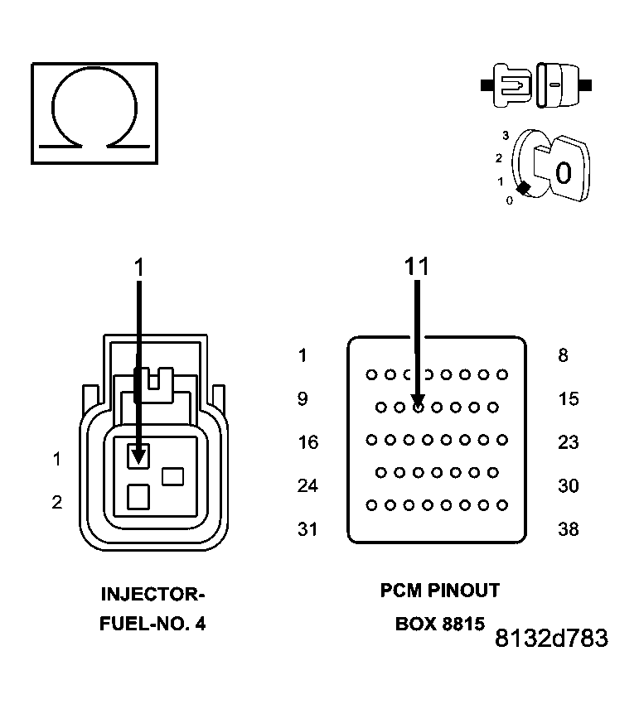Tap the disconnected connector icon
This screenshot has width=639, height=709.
click(x=535, y=85)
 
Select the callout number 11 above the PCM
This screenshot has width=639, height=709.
click(x=418, y=266)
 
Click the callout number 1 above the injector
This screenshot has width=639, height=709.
click(x=139, y=266)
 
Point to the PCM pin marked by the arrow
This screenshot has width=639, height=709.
click(x=419, y=407)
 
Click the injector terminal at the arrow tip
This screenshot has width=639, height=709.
click(x=138, y=455)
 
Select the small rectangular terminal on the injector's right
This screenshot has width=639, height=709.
click(x=172, y=476)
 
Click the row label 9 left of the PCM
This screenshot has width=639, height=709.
click(x=303, y=399)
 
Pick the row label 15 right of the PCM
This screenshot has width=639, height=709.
click(x=568, y=399)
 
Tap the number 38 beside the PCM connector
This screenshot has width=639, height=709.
click(x=568, y=529)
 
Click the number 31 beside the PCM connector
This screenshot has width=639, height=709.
click(x=307, y=529)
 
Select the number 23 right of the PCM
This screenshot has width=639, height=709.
click(x=568, y=442)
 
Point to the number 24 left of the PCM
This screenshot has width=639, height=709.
click(x=307, y=485)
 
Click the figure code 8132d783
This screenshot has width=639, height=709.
click(x=551, y=639)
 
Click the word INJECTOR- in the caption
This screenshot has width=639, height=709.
click(x=152, y=595)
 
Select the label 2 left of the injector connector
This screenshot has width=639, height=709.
click(x=56, y=502)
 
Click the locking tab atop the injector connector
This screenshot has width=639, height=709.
click(x=153, y=379)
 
